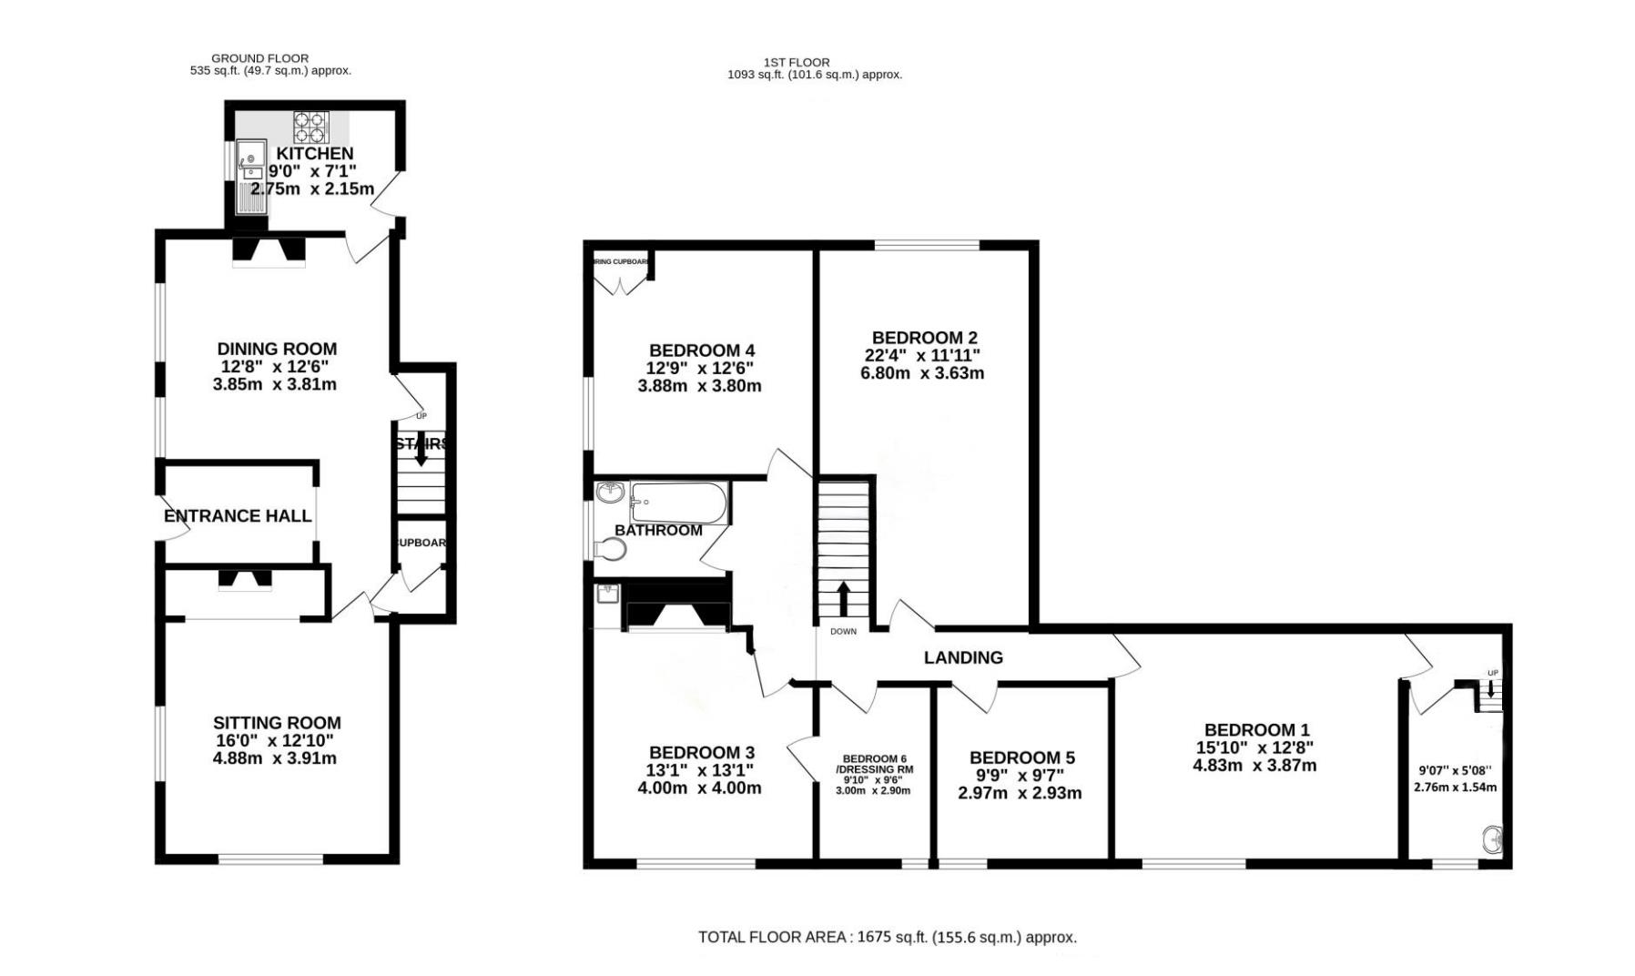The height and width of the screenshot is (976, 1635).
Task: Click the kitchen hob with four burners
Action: pyautogui.click(x=310, y=127)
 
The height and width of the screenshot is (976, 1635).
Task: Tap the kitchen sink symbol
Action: pyautogui.click(x=249, y=177)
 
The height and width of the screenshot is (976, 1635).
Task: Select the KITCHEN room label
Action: pyautogui.click(x=315, y=154)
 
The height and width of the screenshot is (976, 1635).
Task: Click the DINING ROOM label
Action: pyautogui.click(x=277, y=349)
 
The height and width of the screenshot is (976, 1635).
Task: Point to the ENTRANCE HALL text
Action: pyautogui.click(x=238, y=516)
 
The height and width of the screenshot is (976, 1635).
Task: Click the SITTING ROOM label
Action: pyautogui.click(x=277, y=723)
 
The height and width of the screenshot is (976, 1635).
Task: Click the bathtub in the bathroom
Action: pyautogui.click(x=679, y=502)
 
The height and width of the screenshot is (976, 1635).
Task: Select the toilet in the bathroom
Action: pyautogui.click(x=612, y=549)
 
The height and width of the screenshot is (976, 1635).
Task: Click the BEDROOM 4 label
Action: pyautogui.click(x=701, y=351)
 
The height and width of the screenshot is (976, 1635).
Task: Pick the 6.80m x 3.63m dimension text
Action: pyautogui.click(x=922, y=373)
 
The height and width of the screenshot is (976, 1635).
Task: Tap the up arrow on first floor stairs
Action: pyautogui.click(x=843, y=598)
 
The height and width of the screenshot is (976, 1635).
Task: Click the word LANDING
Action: pyautogui.click(x=963, y=657)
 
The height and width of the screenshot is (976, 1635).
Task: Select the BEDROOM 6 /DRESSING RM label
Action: pyautogui.click(x=874, y=764)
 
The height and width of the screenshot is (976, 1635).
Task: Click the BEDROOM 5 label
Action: pyautogui.click(x=1021, y=757)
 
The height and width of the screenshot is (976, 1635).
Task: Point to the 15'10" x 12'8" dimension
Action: pyautogui.click(x=1254, y=747)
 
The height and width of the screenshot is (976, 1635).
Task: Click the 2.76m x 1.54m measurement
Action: pyautogui.click(x=1455, y=788)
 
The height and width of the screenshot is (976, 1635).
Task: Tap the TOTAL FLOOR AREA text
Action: pyautogui.click(x=887, y=937)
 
